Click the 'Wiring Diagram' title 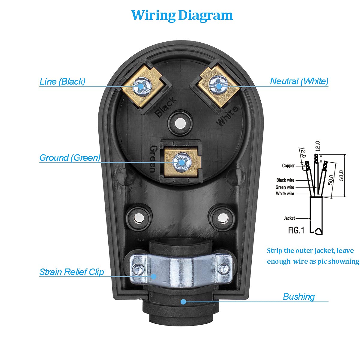(x=182, y=15)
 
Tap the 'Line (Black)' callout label (x=62, y=81)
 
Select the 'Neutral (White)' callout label (x=299, y=81)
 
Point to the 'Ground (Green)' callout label (x=70, y=157)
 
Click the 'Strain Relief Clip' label (x=72, y=272)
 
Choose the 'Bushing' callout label (x=299, y=296)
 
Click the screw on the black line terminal (x=141, y=85)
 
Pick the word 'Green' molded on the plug (x=153, y=159)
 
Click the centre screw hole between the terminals (x=180, y=123)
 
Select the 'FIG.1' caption (x=296, y=230)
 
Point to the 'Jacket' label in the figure (x=289, y=218)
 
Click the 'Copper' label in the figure (x=288, y=166)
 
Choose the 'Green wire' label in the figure (x=285, y=187)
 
